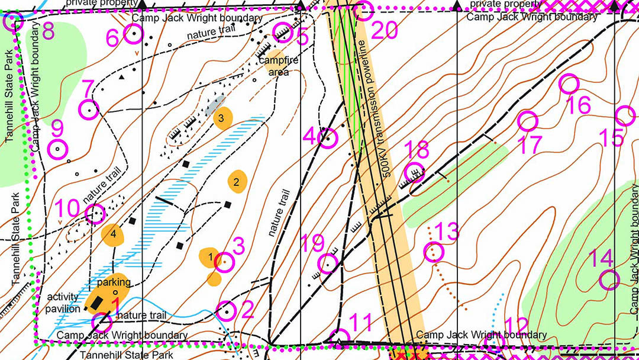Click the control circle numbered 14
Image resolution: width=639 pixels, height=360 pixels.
coord(609,279)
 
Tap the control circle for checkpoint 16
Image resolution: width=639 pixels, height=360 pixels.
coord(569,85)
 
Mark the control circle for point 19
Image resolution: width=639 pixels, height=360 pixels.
coord(328,263)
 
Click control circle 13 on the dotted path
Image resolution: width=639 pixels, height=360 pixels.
coord(434,252)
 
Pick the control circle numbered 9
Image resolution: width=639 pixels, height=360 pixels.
coord(57,149)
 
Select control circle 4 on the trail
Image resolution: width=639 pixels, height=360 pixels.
coord(327,138)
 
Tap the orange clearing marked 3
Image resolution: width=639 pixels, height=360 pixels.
coord(221,117)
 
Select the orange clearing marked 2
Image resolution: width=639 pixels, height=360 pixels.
coord(237,182)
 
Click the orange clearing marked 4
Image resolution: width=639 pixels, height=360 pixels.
coord(113,234)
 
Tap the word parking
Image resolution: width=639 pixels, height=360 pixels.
coord(114,282)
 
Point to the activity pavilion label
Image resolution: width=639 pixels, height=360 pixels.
coord(63,303)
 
